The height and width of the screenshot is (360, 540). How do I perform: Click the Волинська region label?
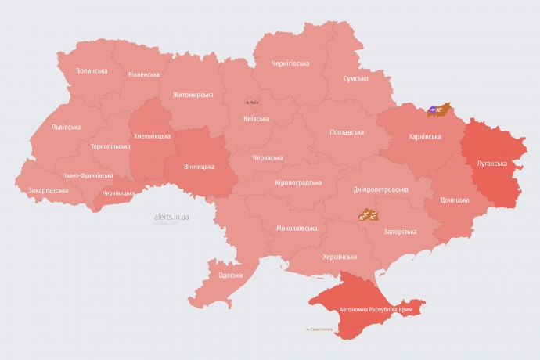pyautogui.click(x=92, y=70)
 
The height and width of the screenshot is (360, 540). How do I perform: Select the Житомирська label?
pyautogui.click(x=193, y=95)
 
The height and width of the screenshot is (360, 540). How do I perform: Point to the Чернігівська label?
pyautogui.click(x=290, y=63)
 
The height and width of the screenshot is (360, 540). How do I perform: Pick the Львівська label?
pyautogui.click(x=65, y=126)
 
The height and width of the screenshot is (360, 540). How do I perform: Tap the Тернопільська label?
pyautogui.click(x=109, y=146)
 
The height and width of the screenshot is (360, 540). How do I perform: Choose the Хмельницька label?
pyautogui.click(x=152, y=136)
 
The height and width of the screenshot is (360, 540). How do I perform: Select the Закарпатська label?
pyautogui.click(x=48, y=190)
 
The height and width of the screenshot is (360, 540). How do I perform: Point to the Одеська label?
pyautogui.click(x=230, y=275)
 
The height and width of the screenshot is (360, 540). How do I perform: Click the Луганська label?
pyautogui.click(x=491, y=164)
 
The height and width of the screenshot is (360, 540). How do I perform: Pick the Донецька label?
pyautogui.click(x=455, y=200)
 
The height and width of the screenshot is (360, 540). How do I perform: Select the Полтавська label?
pyautogui.click(x=347, y=132)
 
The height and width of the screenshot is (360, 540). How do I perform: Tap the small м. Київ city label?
pyautogui.click(x=252, y=103)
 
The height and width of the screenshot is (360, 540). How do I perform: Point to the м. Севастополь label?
pyautogui.click(x=319, y=329)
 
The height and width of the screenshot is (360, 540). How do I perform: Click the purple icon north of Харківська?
pyautogui.click(x=433, y=110)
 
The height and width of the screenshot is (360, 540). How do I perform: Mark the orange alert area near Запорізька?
pyautogui.click(x=368, y=214)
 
